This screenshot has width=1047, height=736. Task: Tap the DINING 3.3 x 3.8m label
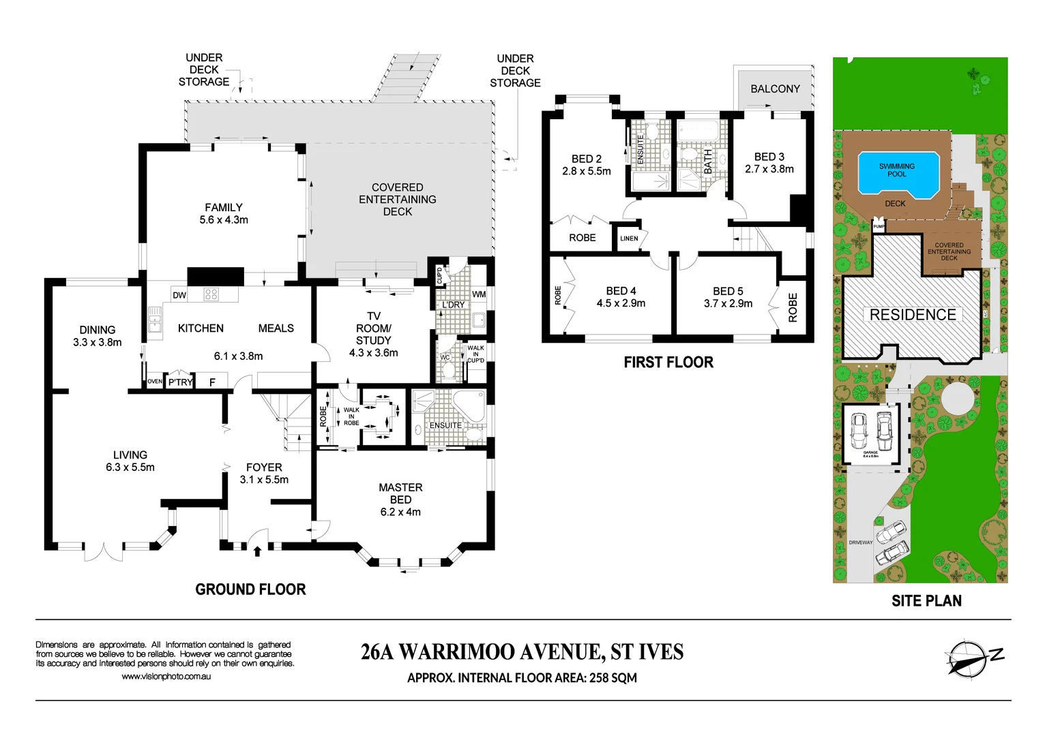tap(98, 336)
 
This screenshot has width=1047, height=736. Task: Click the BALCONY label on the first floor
tap(775, 89)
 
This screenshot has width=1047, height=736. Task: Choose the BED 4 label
tap(621, 296)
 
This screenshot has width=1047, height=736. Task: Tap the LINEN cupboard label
tap(629, 239)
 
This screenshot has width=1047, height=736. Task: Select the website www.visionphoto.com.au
tap(166, 677)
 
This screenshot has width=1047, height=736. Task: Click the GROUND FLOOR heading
tap(250, 589)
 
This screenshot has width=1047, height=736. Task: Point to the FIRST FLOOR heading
tap(668, 363)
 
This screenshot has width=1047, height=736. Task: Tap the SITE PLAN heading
tap(926, 601)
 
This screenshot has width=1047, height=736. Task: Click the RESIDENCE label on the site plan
tap(913, 315)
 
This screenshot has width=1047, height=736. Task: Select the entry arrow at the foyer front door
tap(257, 550)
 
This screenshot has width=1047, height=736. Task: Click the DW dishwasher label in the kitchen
tap(179, 295)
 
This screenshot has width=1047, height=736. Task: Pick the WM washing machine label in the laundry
tap(479, 294)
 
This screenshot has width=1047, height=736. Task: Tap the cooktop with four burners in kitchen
tap(211, 294)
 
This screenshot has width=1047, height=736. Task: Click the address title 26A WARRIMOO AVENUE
tap(522, 652)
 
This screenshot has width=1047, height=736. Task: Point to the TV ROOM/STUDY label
tap(374, 334)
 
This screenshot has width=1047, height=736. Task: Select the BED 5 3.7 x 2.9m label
tap(728, 297)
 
